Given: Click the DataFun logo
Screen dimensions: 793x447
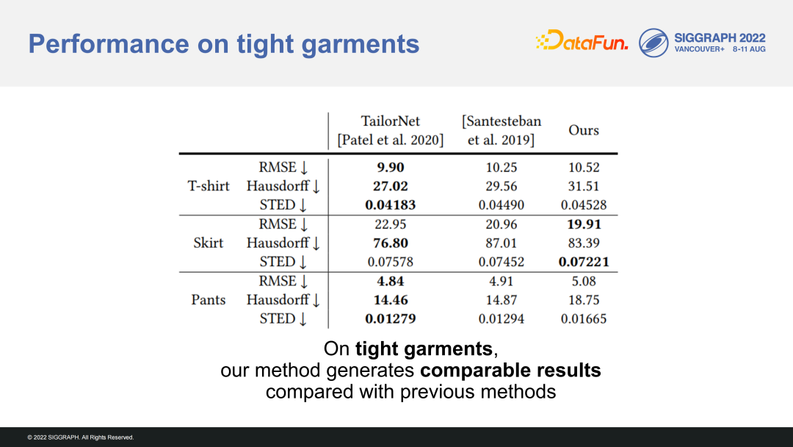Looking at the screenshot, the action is [582, 40].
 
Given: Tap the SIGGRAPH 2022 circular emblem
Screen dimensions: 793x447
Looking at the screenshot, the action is [653, 43].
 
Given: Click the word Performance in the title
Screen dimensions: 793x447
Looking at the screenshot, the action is [109, 43].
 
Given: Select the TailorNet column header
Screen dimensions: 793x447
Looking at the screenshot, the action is [391, 130].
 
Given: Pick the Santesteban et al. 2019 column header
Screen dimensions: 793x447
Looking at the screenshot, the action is [501, 130].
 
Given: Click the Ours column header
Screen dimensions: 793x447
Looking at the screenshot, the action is [584, 130].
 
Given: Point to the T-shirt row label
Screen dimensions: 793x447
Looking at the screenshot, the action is [209, 186].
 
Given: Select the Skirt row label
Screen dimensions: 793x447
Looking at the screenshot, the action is [209, 243].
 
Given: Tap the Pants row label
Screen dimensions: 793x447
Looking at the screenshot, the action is [209, 300].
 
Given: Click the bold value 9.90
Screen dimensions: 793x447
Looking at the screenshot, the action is [391, 167].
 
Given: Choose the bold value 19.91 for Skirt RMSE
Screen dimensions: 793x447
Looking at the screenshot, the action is [584, 224].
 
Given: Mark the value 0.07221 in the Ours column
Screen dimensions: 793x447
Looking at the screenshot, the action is [584, 262].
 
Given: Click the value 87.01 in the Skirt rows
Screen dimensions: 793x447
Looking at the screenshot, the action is [501, 243].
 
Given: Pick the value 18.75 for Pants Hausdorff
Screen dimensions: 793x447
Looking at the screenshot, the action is [584, 300].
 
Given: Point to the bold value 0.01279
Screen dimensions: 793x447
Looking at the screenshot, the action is [391, 318].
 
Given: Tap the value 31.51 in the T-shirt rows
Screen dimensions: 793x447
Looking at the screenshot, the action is [584, 186].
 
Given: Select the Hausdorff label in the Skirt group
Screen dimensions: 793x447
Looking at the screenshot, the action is [278, 243].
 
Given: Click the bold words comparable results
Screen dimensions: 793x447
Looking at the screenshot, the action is [510, 371].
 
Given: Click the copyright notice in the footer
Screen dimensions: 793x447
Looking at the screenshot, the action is [81, 437].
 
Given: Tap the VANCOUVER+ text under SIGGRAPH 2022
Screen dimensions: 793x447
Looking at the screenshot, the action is [700, 49].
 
